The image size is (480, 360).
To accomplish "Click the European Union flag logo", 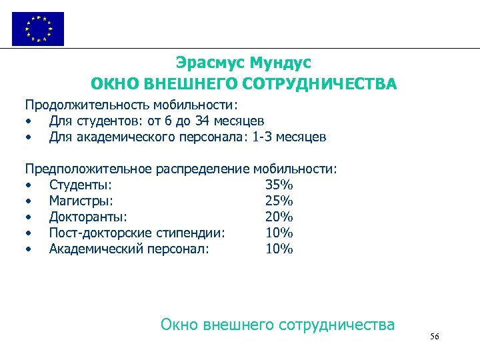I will [x=38, y=29].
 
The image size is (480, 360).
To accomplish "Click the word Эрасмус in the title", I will [x=209, y=63].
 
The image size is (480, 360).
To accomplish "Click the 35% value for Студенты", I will [x=279, y=185].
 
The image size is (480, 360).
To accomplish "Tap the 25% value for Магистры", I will [x=279, y=201].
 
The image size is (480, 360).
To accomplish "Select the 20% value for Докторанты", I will [x=279, y=217].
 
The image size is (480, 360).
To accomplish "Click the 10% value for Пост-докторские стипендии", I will [x=279, y=233].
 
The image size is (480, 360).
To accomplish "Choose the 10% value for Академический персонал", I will [x=279, y=249].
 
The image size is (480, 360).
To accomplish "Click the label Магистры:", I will [x=81, y=201].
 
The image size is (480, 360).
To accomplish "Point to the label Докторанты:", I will [x=88, y=217].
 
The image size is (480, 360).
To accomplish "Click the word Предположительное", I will [x=89, y=169].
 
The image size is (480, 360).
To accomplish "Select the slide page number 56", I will [x=434, y=337].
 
